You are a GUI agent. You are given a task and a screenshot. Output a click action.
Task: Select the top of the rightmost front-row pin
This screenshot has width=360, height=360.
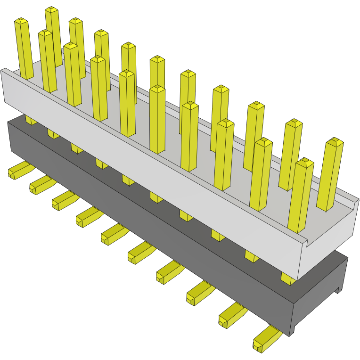click(x=305, y=163)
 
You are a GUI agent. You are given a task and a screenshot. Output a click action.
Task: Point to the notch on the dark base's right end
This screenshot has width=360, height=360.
click(x=337, y=289)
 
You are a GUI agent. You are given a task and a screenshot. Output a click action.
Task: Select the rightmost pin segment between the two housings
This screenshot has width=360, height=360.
click(x=288, y=278)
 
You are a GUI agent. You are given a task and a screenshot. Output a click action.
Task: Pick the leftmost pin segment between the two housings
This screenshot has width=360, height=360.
click(x=31, y=120)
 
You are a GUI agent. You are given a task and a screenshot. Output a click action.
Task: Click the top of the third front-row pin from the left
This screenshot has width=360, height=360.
click(x=71, y=46)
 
